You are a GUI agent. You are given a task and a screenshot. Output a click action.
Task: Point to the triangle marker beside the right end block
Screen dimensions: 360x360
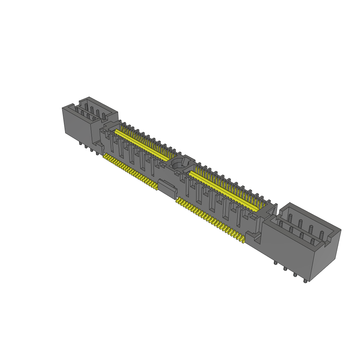point(271,211)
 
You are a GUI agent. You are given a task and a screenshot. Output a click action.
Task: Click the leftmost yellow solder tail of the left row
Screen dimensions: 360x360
point(105,155)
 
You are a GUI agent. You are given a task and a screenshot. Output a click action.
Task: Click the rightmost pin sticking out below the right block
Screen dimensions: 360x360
point(306,281)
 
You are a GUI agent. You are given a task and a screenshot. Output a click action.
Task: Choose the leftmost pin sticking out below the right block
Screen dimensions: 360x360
point(275,263)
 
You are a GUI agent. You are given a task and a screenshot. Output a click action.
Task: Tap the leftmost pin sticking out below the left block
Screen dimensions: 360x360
point(81,143)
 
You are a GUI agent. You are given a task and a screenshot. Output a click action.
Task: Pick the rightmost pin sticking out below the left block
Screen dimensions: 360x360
point(97,153)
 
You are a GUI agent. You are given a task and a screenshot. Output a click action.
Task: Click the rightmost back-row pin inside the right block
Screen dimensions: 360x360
point(321,233)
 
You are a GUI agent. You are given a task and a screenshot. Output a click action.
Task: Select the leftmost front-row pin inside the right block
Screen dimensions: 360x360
point(281,224)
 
